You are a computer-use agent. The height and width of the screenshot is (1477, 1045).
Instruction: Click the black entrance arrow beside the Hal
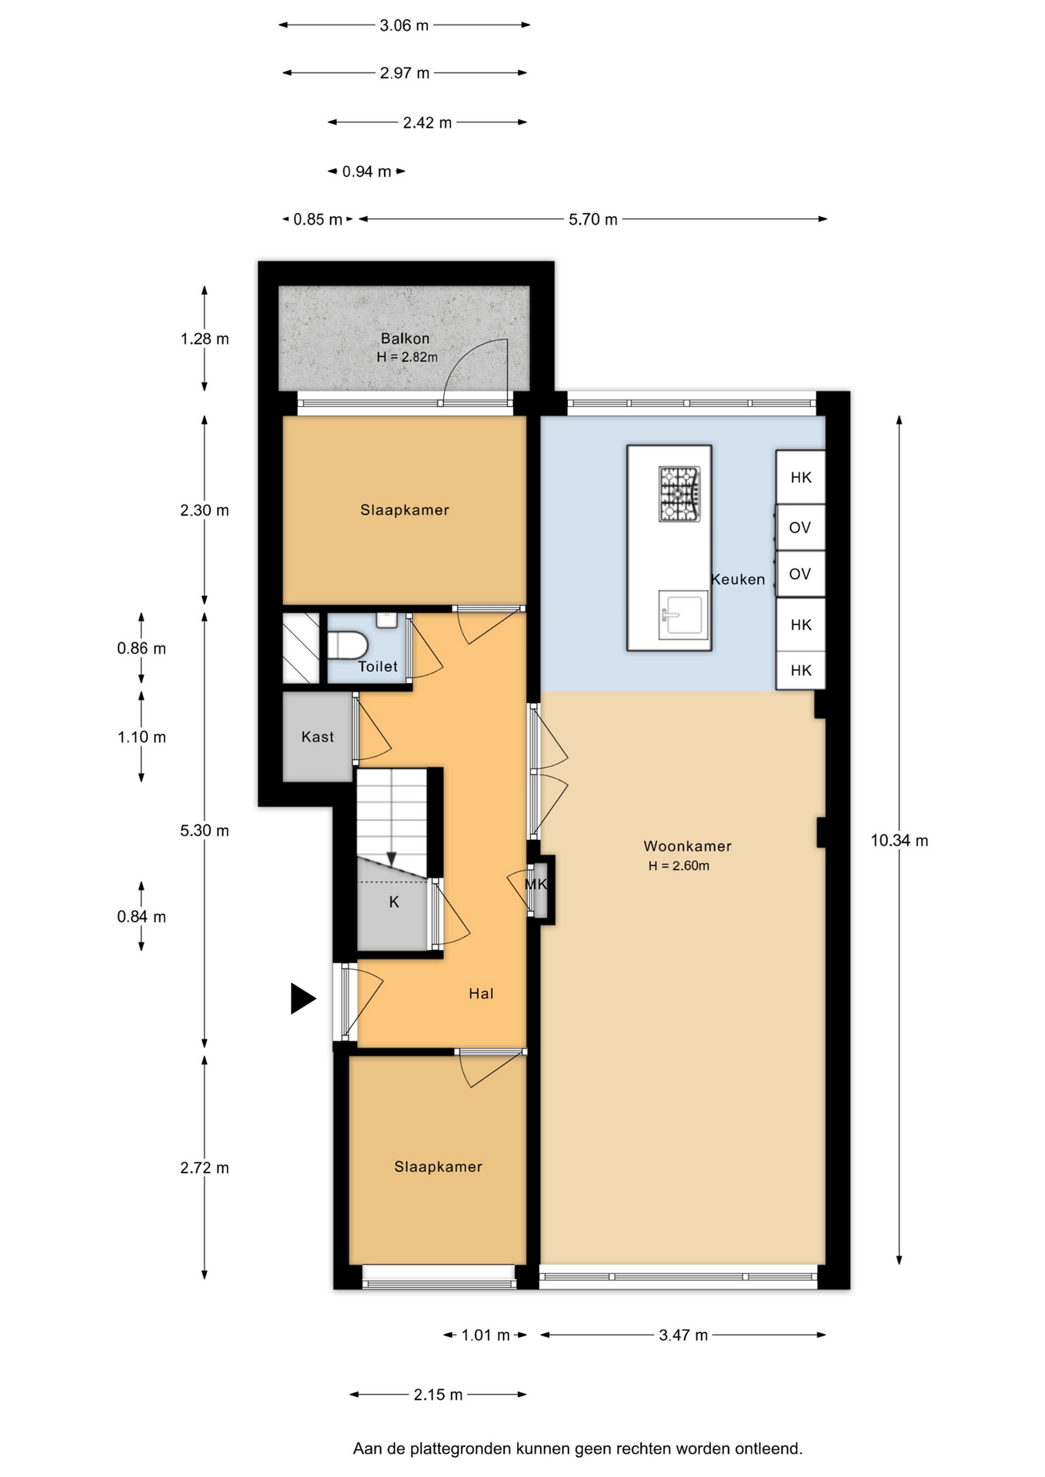(302, 999)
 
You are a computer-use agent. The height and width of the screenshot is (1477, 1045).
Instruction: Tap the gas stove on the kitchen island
(679, 494)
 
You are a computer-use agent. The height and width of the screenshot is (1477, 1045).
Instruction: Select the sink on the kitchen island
(683, 615)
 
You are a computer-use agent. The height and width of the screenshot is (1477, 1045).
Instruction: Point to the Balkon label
(406, 338)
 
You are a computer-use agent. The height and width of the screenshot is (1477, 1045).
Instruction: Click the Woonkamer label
(687, 846)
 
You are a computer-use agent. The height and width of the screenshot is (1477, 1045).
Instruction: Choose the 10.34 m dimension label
(899, 841)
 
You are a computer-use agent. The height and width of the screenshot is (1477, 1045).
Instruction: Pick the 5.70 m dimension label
(593, 219)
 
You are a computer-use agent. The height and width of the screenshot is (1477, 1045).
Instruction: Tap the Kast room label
(318, 737)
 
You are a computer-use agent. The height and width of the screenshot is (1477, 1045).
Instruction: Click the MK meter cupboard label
(536, 885)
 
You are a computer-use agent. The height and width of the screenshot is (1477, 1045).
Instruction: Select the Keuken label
(738, 579)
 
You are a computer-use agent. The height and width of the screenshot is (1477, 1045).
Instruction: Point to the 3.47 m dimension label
(683, 1335)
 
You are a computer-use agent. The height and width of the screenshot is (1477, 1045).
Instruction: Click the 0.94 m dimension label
(366, 172)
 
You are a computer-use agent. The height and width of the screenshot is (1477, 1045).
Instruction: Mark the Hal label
(481, 994)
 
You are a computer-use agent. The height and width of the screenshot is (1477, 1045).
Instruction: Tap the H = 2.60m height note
(679, 866)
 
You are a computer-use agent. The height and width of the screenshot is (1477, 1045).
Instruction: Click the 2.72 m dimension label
(204, 1168)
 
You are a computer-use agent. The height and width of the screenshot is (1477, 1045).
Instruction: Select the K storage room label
(394, 902)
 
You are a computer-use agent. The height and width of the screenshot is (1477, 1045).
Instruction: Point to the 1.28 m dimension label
(204, 338)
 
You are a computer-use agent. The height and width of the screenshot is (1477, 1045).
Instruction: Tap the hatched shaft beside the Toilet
(301, 648)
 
